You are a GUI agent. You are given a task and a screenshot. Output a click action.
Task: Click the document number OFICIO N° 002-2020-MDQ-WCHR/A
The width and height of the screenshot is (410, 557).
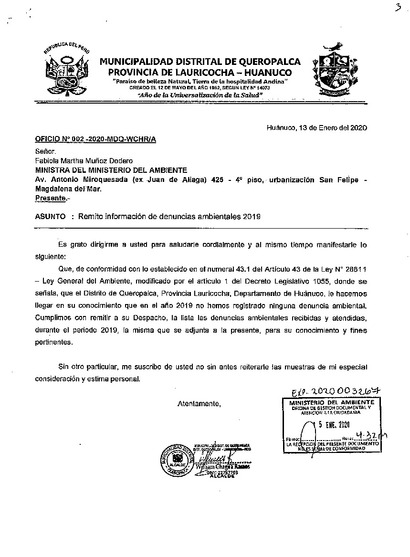(95, 139)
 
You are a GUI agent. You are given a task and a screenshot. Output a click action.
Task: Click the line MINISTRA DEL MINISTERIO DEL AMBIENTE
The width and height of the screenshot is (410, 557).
(111, 170)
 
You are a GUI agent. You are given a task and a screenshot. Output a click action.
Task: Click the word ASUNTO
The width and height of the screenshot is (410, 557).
(50, 216)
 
